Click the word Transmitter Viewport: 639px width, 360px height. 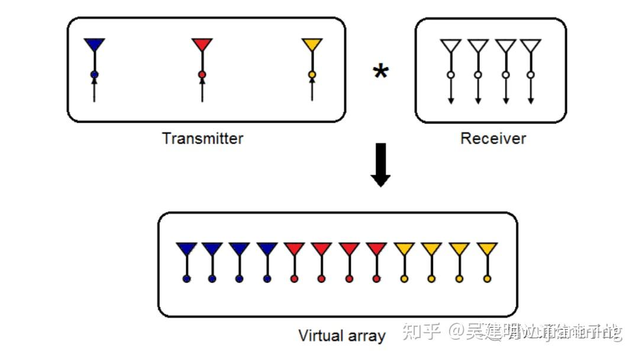click(202, 139)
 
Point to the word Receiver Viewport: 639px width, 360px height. click(493, 139)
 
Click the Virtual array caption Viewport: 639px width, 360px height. click(341, 336)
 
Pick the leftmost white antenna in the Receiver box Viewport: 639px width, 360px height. click(450, 46)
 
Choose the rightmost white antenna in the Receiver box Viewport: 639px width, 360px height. click(531, 46)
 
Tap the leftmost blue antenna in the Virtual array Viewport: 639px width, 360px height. click(186, 249)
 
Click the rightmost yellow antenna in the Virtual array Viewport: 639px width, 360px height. click(487, 249)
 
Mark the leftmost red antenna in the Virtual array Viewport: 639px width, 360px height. click(294, 249)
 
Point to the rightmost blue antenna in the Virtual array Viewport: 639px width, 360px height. click(267, 249)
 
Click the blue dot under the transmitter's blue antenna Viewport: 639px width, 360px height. click(94, 75)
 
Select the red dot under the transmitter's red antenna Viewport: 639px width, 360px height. click(202, 75)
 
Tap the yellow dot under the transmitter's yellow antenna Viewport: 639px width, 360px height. click(312, 75)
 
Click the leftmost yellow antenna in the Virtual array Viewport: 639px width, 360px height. click(404, 249)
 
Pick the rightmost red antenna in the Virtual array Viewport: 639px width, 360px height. click(376, 249)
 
